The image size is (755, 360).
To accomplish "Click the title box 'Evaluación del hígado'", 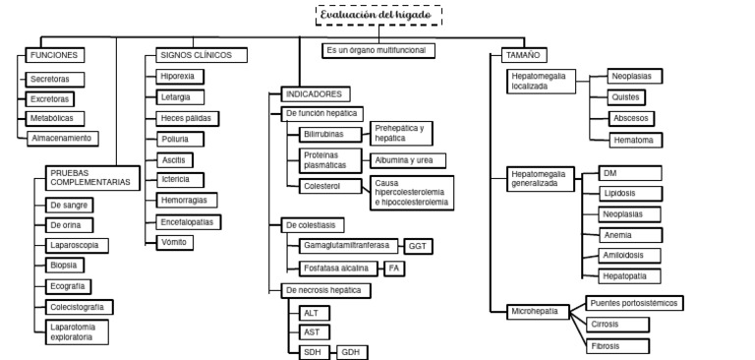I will pyautogui.click(x=379, y=16).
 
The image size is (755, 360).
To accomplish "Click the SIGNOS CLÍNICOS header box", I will pyautogui.click(x=193, y=55).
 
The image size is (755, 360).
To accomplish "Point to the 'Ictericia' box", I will pyautogui.click(x=179, y=179).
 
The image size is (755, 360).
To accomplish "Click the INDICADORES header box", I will pyautogui.click(x=312, y=94).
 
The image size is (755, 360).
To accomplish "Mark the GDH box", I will pyautogui.click(x=352, y=351).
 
